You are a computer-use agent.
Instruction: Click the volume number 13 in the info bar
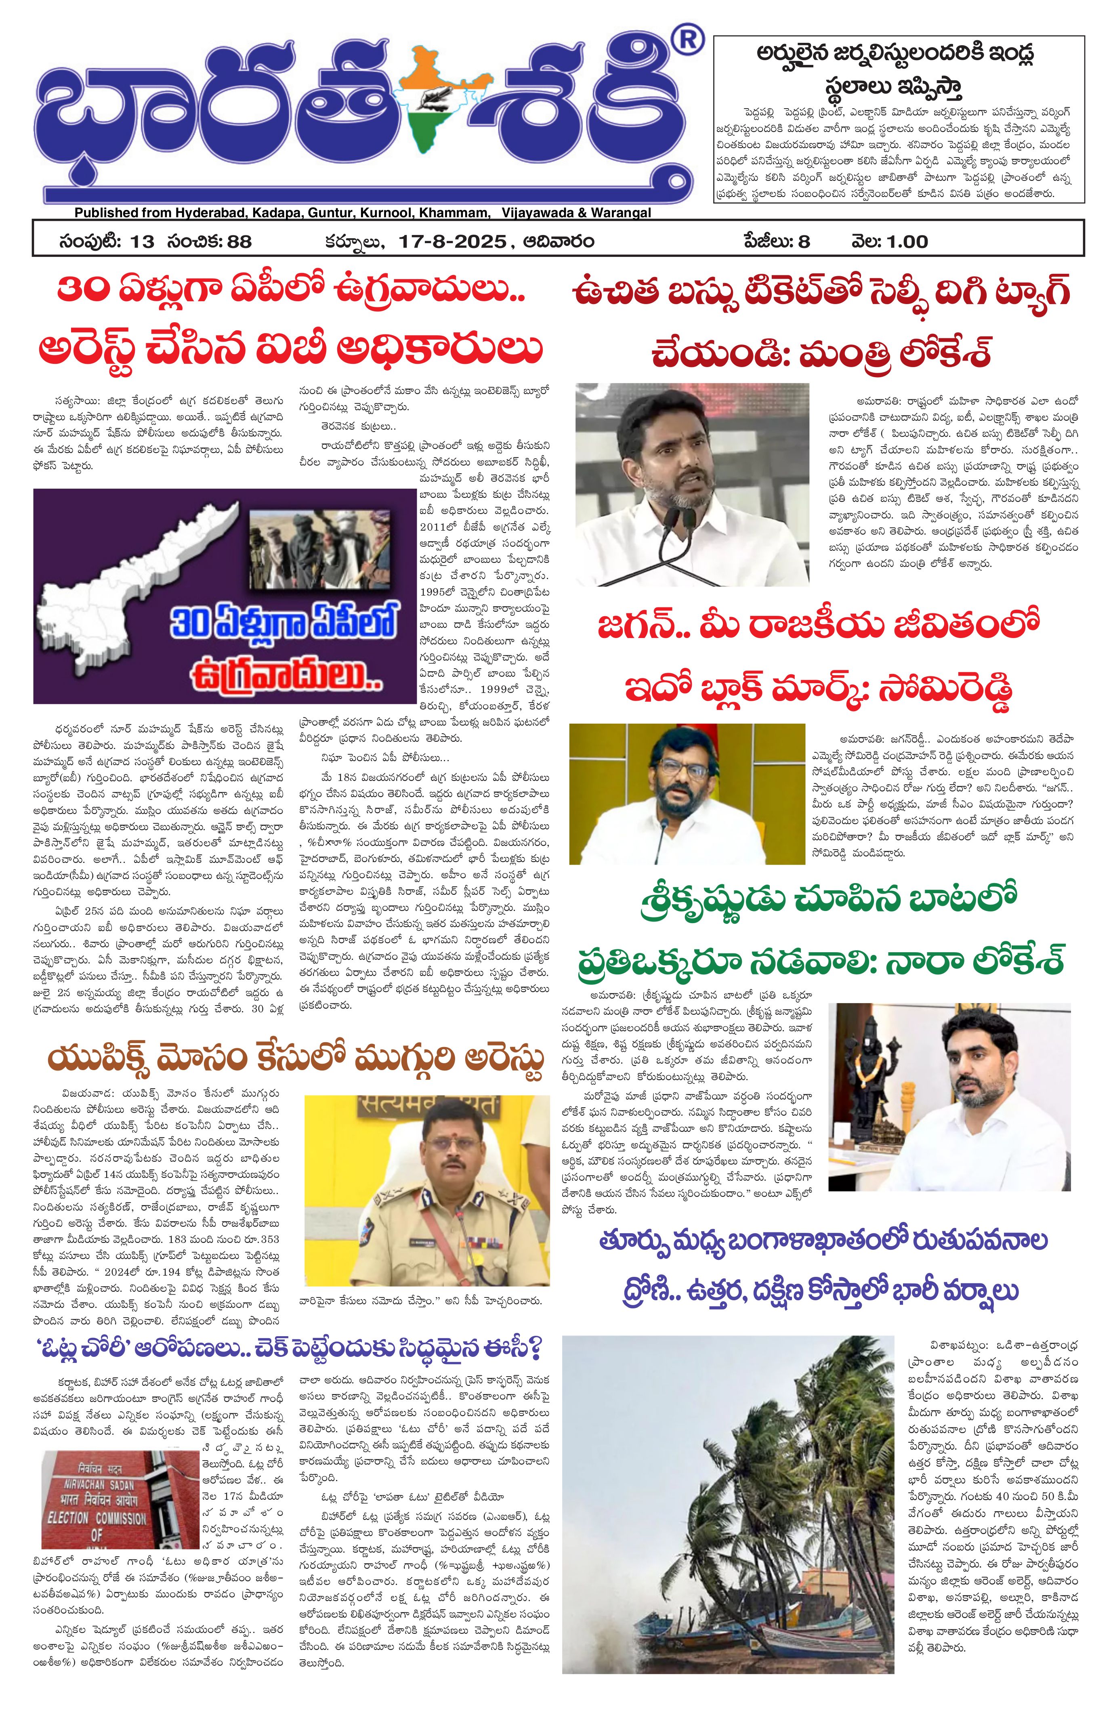pyautogui.click(x=142, y=241)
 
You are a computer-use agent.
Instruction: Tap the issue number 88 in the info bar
pyautogui.click(x=239, y=241)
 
